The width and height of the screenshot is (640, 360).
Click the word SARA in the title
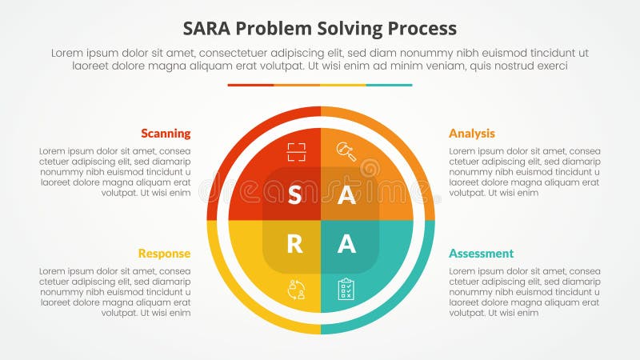(x=209, y=28)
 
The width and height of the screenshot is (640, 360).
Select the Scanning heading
(x=166, y=134)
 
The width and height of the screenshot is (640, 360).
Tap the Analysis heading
(x=472, y=134)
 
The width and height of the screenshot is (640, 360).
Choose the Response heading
(x=164, y=254)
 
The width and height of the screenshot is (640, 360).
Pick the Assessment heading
(x=481, y=254)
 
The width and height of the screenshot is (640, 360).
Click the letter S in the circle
(x=294, y=196)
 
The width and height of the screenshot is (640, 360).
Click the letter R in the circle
(x=294, y=244)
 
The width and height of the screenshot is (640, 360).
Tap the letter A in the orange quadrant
(x=346, y=196)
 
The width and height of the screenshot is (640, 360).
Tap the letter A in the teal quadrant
(x=346, y=244)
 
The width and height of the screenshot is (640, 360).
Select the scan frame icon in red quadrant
(x=297, y=151)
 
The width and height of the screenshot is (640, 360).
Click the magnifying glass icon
(x=346, y=151)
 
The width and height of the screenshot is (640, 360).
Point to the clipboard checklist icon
(x=346, y=289)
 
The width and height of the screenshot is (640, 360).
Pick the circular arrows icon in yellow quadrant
(x=296, y=289)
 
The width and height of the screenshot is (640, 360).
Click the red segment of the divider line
(x=250, y=85)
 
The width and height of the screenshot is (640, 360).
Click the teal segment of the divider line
(x=390, y=85)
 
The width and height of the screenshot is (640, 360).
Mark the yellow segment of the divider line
(x=343, y=85)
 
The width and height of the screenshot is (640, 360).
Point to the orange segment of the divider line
(x=297, y=85)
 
